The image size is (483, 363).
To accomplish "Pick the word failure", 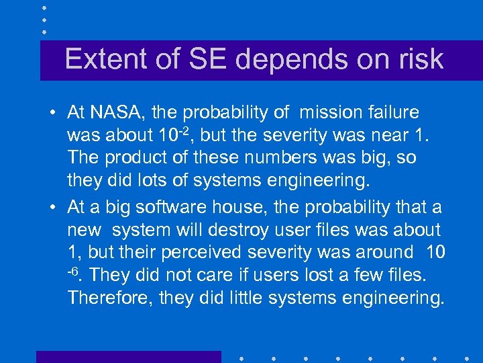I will [x=394, y=112].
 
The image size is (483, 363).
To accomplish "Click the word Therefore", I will [x=109, y=298].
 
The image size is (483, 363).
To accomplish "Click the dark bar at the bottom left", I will [x=128, y=357].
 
